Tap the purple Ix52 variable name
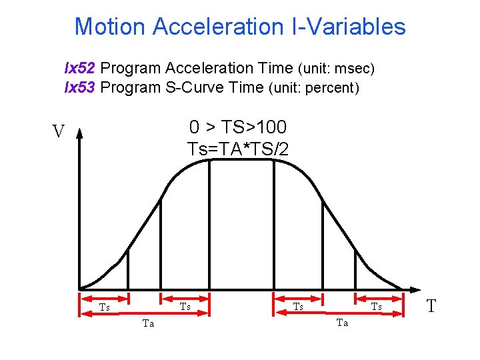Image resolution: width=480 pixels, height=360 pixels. (x=79, y=68)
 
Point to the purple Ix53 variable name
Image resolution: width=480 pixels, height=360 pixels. (x=79, y=87)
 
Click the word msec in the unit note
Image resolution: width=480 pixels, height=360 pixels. (x=353, y=69)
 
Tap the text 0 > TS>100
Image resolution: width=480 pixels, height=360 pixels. (x=238, y=127)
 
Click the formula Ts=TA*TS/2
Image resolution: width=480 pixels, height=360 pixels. (x=238, y=149)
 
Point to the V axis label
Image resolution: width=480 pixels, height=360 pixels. (x=59, y=131)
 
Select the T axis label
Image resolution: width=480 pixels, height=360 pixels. (x=431, y=306)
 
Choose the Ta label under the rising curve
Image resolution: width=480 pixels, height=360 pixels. (x=148, y=323)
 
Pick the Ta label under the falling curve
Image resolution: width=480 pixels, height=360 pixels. (x=342, y=323)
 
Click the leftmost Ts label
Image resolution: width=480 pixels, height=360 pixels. (x=104, y=307)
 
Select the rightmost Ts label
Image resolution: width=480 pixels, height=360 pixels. (x=377, y=307)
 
